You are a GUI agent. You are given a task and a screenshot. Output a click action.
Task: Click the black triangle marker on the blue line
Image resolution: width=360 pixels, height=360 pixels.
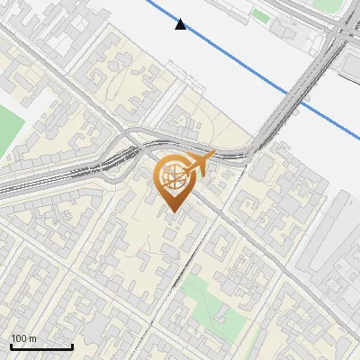pos(182,24)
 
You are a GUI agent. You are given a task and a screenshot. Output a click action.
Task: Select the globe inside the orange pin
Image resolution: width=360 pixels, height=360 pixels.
pos(173,178)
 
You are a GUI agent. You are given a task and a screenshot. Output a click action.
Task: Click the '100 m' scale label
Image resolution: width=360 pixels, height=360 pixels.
pos(23,338)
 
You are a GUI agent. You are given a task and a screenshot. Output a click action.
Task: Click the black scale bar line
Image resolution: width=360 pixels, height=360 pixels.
pos(41,346)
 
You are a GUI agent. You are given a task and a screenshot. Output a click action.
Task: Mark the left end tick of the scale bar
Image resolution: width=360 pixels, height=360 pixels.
pos(11,346)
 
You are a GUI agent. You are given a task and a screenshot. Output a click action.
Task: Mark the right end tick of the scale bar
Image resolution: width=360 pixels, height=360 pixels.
pos(72,346)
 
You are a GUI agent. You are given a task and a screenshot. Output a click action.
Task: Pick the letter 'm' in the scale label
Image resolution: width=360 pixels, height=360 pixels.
pos(32,338)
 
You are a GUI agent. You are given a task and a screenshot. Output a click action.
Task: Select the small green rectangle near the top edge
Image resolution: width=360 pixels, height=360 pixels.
pos(260,15)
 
